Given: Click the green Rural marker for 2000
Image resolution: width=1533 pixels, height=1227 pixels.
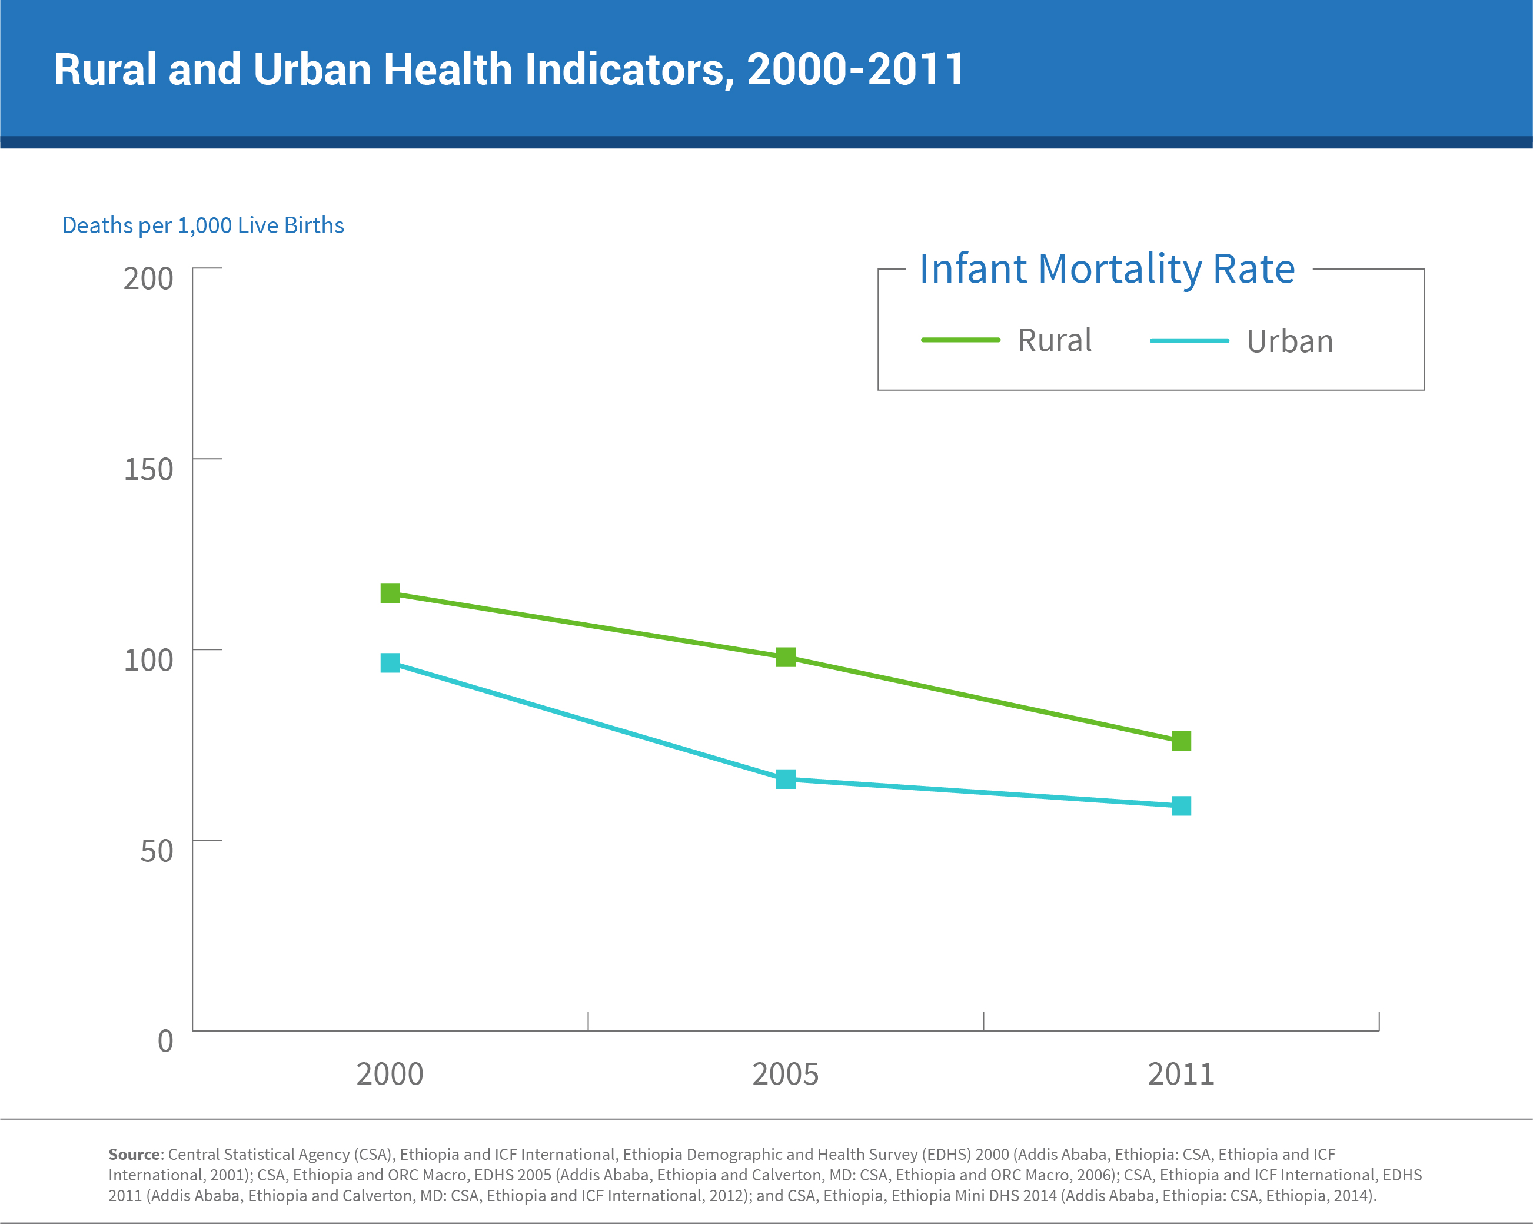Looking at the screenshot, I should pos(390,593).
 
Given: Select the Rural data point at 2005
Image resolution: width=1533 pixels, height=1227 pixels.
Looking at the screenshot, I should pos(786,657).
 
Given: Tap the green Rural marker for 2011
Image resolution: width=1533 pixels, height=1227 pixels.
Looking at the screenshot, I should pos(1181,741).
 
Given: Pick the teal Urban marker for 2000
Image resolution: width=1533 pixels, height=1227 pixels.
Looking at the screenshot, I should pos(390,663).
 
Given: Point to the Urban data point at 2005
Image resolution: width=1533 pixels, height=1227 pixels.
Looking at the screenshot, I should pos(786,780).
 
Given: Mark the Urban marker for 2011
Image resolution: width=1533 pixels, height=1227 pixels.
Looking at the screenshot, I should pos(1181,806).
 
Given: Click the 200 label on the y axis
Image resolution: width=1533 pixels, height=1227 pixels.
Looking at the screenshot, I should pos(148,279).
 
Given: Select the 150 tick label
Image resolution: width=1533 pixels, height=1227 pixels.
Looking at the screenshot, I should pos(148,469).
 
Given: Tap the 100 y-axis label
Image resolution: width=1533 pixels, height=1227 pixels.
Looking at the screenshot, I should pos(148,660).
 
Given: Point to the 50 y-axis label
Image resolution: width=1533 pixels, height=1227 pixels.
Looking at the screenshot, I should pos(157,851).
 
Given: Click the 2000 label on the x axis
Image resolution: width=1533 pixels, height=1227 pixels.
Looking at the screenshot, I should pos(390,1074).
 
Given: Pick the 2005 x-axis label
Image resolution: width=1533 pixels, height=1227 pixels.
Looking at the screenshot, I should pos(786,1074).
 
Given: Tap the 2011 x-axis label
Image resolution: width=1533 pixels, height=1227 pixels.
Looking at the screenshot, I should pos(1181,1074).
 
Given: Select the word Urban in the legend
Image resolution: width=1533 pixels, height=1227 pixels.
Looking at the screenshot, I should pos(1290,341).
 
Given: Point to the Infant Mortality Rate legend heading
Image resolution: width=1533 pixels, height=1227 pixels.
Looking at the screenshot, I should pos(1107,269).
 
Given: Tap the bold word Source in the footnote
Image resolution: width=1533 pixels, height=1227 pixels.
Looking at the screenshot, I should pos(134,1155).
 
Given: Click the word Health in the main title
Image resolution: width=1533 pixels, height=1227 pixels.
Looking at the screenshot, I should pos(447,69).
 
